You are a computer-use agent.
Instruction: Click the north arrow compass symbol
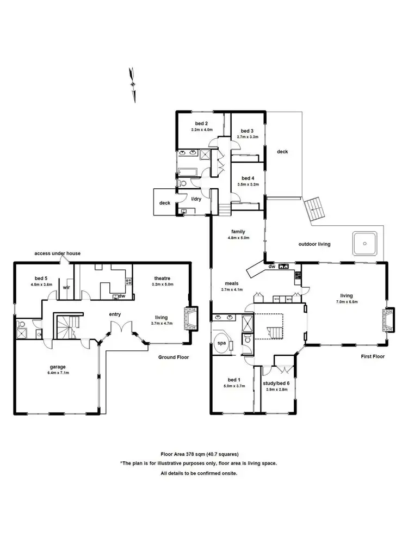pos(132,84)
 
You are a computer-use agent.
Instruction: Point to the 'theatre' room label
pos(162,277)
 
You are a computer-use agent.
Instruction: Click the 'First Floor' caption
pos(373,357)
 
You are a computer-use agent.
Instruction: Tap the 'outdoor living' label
pos(315,244)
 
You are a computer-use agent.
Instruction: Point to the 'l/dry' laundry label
pos(197,199)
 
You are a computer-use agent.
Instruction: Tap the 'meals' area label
pos(231,283)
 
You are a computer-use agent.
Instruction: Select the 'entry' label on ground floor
pos(115,314)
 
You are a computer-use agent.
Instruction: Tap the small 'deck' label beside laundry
pos(164,203)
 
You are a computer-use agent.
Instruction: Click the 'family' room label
pos(238,231)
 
